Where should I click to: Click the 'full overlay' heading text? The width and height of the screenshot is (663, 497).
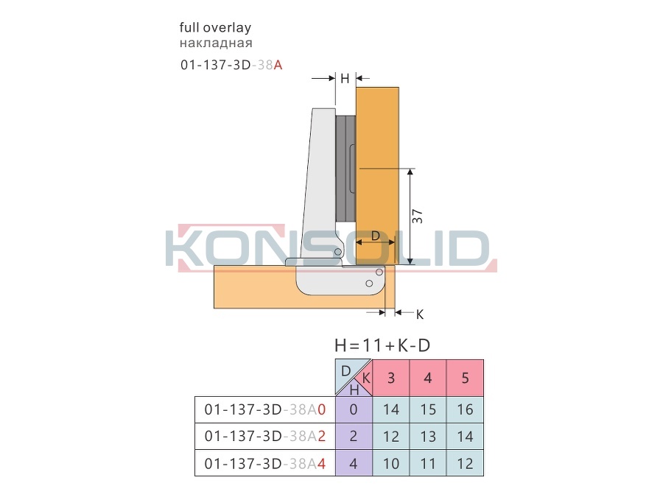tap(215, 28)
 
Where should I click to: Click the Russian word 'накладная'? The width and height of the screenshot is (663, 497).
tap(216, 43)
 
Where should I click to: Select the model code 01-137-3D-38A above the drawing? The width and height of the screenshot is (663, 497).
tap(231, 65)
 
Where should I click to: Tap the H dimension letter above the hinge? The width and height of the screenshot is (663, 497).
tap(345, 78)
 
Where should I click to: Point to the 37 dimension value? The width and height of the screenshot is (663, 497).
tap(418, 216)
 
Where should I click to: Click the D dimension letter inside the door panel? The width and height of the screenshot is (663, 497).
tap(376, 236)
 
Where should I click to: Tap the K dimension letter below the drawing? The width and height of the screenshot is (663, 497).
tap(419, 314)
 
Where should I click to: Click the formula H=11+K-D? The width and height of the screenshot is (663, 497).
tap(382, 345)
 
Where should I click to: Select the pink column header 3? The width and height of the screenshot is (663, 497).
tap(391, 378)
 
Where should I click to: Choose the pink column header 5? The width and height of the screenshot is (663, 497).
tap(465, 378)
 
